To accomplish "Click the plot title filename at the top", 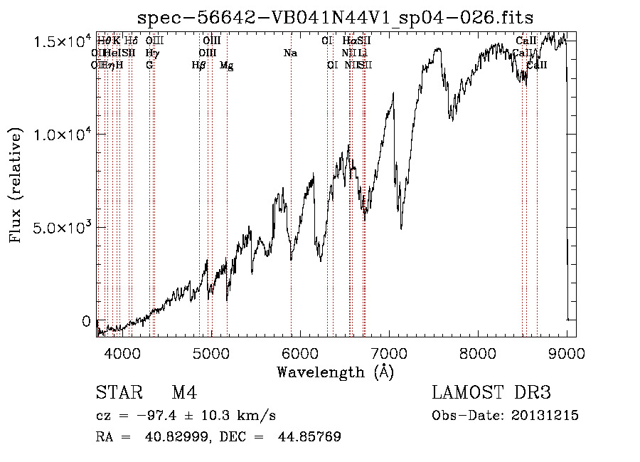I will tap(336, 16).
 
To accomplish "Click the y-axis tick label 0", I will tap(87, 321).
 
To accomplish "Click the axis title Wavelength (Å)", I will tap(335, 372).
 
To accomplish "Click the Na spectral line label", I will tap(290, 53).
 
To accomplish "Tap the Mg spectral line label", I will tap(227, 65).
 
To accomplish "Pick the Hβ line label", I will tap(199, 65).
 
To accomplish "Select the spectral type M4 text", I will tap(184, 393).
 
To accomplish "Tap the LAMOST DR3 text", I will tap(491, 393).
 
